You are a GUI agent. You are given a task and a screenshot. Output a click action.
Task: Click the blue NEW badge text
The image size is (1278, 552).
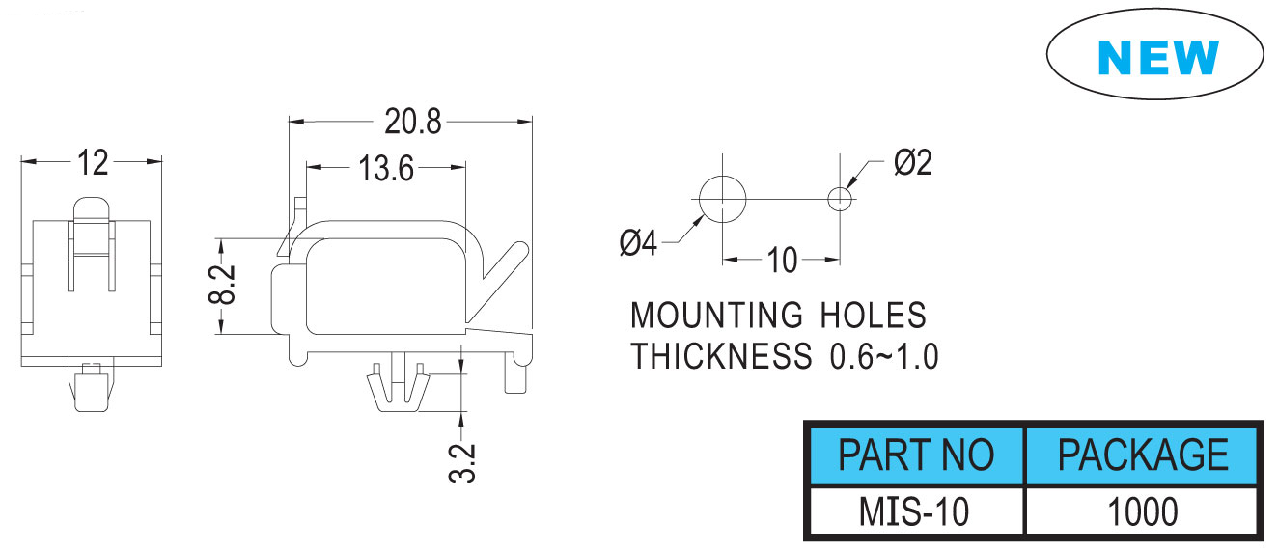tap(1158, 58)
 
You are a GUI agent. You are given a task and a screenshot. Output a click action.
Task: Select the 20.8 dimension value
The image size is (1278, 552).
tap(412, 122)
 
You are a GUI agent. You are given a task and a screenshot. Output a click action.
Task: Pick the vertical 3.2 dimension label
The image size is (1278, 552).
tap(463, 463)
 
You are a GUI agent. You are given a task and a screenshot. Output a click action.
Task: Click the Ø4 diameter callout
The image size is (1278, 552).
tap(638, 242)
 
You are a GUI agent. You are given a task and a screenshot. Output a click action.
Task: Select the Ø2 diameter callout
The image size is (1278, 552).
tap(912, 163)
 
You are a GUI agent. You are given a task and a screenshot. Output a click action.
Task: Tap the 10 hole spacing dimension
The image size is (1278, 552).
tap(782, 260)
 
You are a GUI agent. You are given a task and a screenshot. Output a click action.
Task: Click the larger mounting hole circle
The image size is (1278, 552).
tap(722, 200)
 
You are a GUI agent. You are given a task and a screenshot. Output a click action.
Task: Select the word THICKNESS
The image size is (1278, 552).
tap(722, 357)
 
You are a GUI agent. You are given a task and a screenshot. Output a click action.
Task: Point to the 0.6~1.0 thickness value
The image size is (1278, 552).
tap(884, 357)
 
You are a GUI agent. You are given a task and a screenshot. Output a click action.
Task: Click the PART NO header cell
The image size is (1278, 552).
tap(915, 455)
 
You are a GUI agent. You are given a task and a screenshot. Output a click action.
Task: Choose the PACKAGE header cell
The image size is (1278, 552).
tap(1143, 455)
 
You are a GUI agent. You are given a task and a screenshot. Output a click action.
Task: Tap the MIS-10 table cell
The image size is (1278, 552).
tap(915, 511)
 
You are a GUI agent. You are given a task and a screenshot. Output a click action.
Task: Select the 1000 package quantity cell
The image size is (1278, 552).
tap(1143, 511)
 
